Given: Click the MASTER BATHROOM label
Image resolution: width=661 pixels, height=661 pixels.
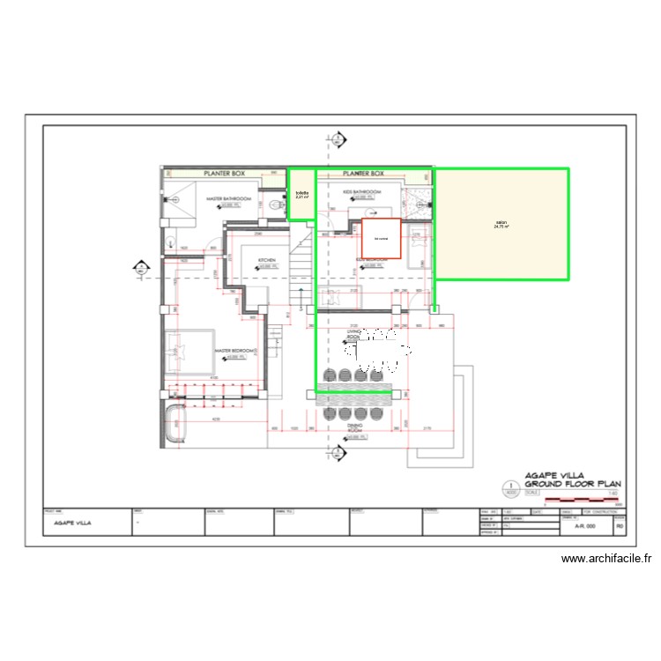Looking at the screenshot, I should pos(229,199).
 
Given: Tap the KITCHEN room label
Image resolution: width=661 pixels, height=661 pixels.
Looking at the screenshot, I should pos(267,260).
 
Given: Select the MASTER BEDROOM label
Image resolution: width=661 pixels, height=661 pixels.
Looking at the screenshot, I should pos(236,351).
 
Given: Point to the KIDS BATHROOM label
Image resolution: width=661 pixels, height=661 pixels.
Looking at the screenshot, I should pos(361,191).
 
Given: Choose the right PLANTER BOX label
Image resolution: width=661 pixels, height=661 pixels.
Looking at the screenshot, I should pos(364,174).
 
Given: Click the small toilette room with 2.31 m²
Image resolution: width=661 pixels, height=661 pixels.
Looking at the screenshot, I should pos(301,196).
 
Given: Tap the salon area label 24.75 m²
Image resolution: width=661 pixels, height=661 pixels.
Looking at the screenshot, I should pos(501,225).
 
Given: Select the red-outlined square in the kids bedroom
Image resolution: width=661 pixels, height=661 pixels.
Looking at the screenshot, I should pos(382,239).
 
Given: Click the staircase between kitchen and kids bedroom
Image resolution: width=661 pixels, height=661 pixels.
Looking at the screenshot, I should pos(302,256).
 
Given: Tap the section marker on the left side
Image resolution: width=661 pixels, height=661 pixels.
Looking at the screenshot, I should pos(140,267).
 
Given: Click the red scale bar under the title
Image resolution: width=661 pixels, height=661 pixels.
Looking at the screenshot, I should pos(583,500).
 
